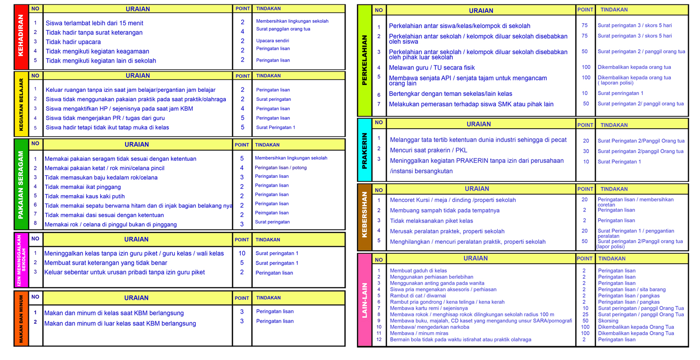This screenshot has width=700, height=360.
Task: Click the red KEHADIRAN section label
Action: pos(21,37)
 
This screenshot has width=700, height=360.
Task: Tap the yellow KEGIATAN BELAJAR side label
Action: pos(21,104)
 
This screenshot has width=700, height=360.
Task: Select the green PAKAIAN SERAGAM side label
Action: pos(21,184)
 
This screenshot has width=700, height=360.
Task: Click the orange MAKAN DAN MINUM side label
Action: pos(21,318)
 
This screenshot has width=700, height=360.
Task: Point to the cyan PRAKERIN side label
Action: pos(364,150)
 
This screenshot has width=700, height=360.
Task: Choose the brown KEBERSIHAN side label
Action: pos(364,217)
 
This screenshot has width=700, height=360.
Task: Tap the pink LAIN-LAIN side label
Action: pos(364,299)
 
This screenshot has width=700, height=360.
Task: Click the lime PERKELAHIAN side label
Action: pos(364,60)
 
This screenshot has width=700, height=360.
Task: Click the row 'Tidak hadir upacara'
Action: pos(73,42)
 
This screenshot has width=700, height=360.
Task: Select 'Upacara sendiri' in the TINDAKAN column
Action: pos(273,41)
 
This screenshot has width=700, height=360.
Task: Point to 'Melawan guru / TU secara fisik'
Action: pos(431,68)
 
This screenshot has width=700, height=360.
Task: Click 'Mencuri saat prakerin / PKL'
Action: pos(428,150)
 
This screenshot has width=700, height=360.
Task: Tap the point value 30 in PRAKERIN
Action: pos(586,151)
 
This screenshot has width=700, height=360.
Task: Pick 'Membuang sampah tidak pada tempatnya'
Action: pos(444,211)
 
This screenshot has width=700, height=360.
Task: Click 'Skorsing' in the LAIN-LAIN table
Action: pos(608,321)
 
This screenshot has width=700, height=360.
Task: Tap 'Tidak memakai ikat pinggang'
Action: pos(82,187)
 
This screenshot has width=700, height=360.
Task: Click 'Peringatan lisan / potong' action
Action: pos(280,168)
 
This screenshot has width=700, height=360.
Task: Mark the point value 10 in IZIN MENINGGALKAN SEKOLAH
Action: pos(242,253)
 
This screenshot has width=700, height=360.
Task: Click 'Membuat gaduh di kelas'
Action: pos(418,271)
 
